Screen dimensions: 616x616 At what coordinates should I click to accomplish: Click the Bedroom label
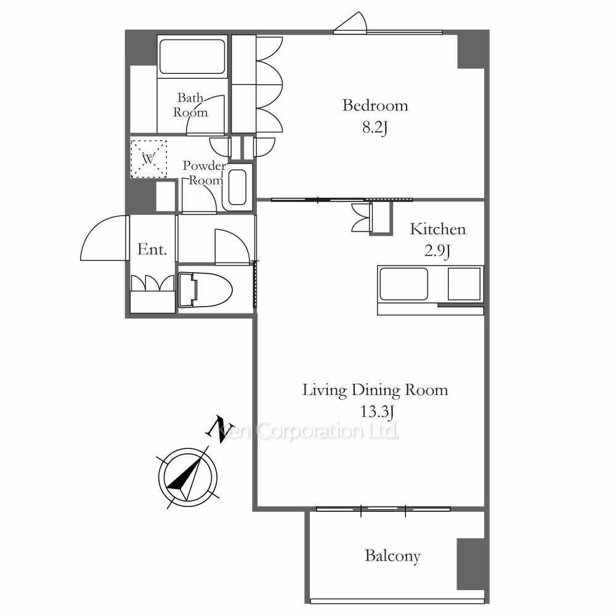(375, 105)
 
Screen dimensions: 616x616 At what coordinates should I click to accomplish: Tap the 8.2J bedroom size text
(375, 128)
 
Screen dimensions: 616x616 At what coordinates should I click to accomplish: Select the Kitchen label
(437, 229)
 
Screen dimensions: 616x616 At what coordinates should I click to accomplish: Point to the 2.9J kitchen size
(437, 251)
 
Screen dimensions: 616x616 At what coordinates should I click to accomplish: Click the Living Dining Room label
(375, 390)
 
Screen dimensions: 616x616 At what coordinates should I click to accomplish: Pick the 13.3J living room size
(377, 411)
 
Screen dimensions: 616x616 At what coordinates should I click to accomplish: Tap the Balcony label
(392, 556)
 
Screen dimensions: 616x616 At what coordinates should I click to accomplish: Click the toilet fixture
(205, 290)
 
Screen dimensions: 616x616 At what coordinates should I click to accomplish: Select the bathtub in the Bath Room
(192, 56)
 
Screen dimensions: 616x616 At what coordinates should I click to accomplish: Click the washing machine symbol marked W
(148, 159)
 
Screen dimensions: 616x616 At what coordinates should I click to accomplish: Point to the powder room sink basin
(237, 187)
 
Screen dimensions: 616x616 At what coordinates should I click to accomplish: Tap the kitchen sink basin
(403, 283)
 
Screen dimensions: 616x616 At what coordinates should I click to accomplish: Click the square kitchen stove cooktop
(464, 283)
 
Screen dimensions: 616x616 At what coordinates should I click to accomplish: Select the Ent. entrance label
(152, 249)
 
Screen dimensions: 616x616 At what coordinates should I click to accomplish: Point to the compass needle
(188, 474)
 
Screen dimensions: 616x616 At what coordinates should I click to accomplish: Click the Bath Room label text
(190, 105)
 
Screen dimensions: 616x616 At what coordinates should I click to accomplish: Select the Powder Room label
(205, 173)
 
